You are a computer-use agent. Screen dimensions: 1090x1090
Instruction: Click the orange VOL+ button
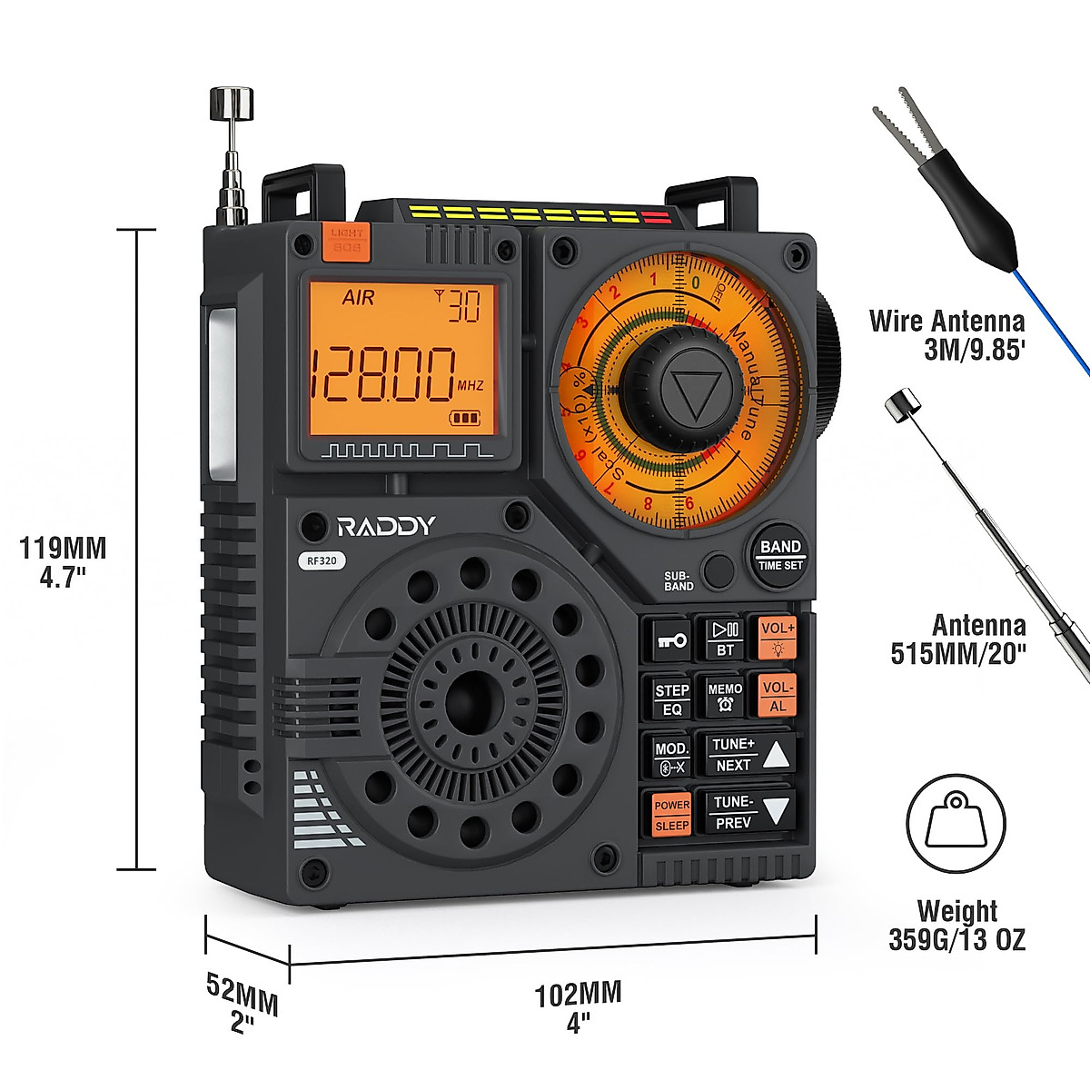[x=778, y=638]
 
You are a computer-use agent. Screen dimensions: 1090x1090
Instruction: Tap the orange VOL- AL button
[x=778, y=696]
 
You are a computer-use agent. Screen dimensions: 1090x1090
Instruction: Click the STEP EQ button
[x=671, y=699]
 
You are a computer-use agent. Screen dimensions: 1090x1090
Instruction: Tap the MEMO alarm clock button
[x=725, y=697]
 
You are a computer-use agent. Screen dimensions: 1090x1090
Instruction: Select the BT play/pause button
[x=725, y=639]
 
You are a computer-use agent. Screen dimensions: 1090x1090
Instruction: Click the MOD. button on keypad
[x=671, y=757]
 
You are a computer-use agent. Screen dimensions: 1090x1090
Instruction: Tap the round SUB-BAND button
[x=718, y=570]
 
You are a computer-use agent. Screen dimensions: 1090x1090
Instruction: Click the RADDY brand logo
[x=386, y=526]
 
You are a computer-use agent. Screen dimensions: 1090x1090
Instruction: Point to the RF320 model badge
[x=322, y=560]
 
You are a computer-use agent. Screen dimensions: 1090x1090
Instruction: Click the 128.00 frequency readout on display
[x=382, y=374]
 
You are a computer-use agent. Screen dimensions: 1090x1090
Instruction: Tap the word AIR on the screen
[x=357, y=298]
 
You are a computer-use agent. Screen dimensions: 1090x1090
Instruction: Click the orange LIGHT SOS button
[x=346, y=239]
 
